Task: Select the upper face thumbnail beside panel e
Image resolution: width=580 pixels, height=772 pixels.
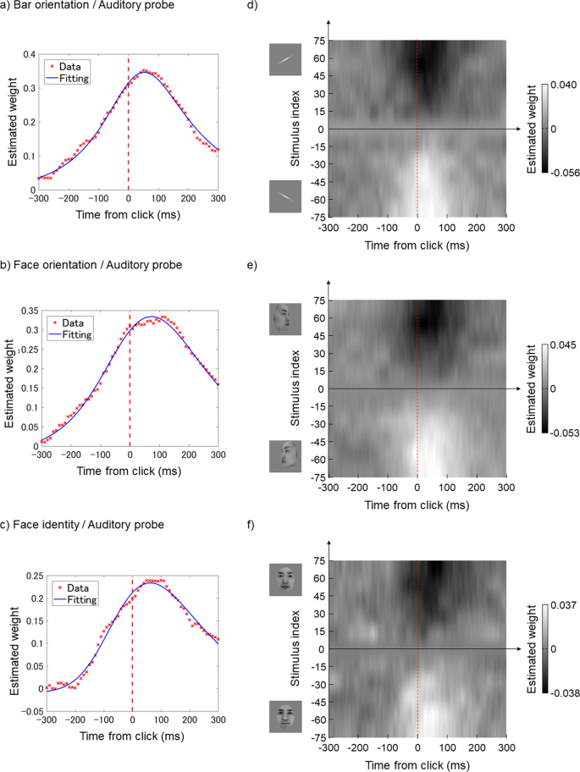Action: [284, 319]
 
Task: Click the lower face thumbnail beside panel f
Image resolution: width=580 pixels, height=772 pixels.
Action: [284, 716]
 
